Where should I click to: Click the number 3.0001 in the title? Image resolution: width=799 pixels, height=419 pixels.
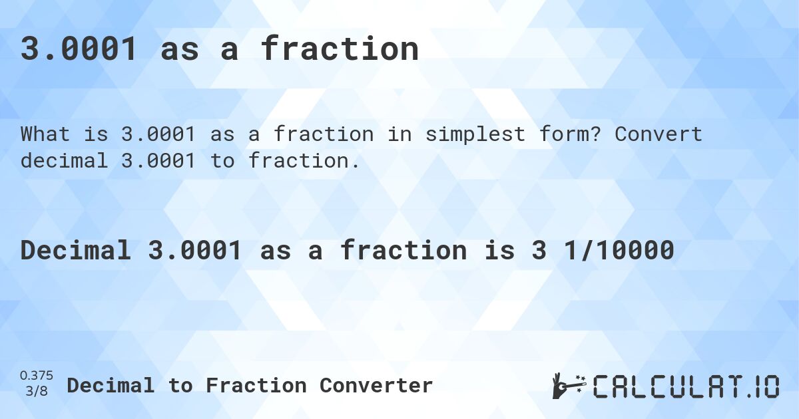point(79,49)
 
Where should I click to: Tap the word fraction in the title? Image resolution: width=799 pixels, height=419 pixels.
point(340,49)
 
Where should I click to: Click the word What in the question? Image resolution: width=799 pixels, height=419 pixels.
point(45,134)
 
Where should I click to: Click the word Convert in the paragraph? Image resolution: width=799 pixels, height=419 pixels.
point(659,134)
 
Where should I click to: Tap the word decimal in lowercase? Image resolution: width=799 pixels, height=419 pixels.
point(64,160)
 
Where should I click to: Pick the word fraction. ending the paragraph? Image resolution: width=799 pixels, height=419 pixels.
point(304,160)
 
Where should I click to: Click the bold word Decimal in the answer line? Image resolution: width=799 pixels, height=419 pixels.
point(76,250)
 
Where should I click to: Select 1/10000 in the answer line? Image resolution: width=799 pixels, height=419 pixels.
point(619,250)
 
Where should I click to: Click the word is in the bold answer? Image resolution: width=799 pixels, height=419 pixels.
point(500,250)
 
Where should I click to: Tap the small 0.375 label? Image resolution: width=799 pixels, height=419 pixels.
point(37,376)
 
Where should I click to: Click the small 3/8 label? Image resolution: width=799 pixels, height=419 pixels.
point(37,391)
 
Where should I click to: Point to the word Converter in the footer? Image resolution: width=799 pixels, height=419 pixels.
point(376,386)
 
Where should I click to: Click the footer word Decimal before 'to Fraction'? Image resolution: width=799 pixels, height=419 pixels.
point(111,386)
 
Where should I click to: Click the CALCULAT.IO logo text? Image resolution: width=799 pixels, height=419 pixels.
point(686,386)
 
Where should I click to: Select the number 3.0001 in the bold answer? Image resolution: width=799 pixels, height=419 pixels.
point(195,250)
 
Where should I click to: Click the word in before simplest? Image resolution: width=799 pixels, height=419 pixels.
point(400,134)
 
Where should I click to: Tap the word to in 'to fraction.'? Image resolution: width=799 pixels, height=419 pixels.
point(222,160)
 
